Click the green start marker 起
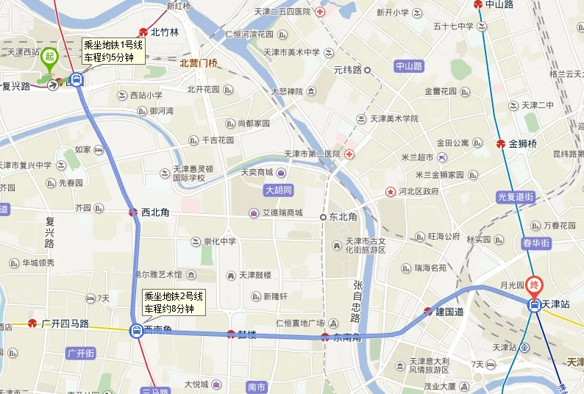pyautogui.click(x=49, y=56)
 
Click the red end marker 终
pyautogui.click(x=535, y=282)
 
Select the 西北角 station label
pyautogui.click(x=155, y=212)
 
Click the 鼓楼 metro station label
pyautogui.click(x=246, y=334)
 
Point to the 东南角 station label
pyautogui.click(x=346, y=337)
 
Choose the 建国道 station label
pyautogui.click(x=449, y=312)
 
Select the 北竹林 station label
pyautogui.click(x=164, y=32)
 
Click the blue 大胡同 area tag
pyautogui.click(x=279, y=190)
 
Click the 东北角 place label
pyautogui.click(x=343, y=217)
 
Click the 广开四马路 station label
pyautogui.click(x=65, y=323)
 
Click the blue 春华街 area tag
pyautogui.click(x=537, y=243)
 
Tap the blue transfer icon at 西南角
pyautogui.click(x=137, y=331)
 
